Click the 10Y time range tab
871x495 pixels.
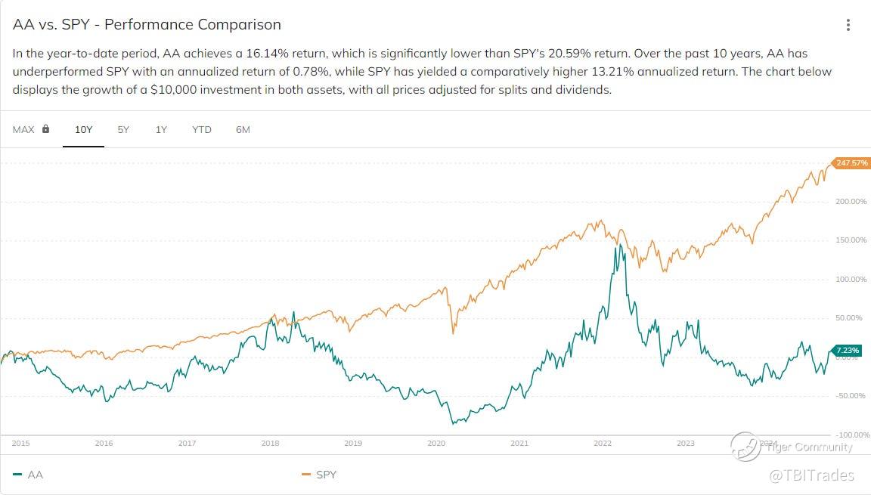pos(83,129)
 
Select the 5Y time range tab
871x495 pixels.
pos(123,129)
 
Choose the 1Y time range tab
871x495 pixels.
pos(161,129)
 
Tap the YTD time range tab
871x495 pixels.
pos(202,129)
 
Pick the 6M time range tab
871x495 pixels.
pos(243,129)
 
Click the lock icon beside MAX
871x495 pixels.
pos(46,129)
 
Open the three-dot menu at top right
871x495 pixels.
pos(848,25)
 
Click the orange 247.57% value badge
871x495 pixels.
pos(851,162)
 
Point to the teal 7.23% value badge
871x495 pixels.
pos(847,350)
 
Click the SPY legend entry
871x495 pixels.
pos(326,475)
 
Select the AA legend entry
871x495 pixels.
pos(35,475)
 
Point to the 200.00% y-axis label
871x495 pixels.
pos(851,201)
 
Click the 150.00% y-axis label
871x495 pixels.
pos(851,240)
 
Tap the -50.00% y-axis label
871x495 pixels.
pos(851,396)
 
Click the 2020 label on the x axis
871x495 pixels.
pos(436,444)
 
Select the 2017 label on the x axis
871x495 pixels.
pos(187,444)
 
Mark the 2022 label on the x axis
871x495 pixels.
pos(603,444)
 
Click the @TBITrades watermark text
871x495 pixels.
pos(811,475)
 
